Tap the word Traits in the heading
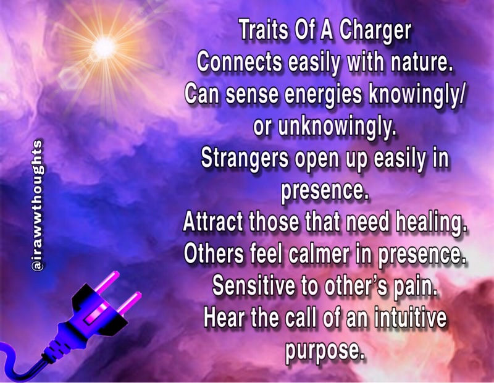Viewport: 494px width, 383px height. pyautogui.click(x=264, y=30)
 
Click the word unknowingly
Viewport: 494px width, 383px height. pyautogui.click(x=337, y=127)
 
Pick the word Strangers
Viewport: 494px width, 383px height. pyautogui.click(x=245, y=159)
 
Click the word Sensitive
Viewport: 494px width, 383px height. pyautogui.click(x=254, y=285)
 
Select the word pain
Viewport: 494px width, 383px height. pyautogui.click(x=415, y=287)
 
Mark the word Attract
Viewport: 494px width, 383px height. pyautogui.click(x=213, y=222)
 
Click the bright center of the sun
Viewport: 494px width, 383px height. pyautogui.click(x=104, y=48)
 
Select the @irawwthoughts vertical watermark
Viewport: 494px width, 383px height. pyautogui.click(x=37, y=205)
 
